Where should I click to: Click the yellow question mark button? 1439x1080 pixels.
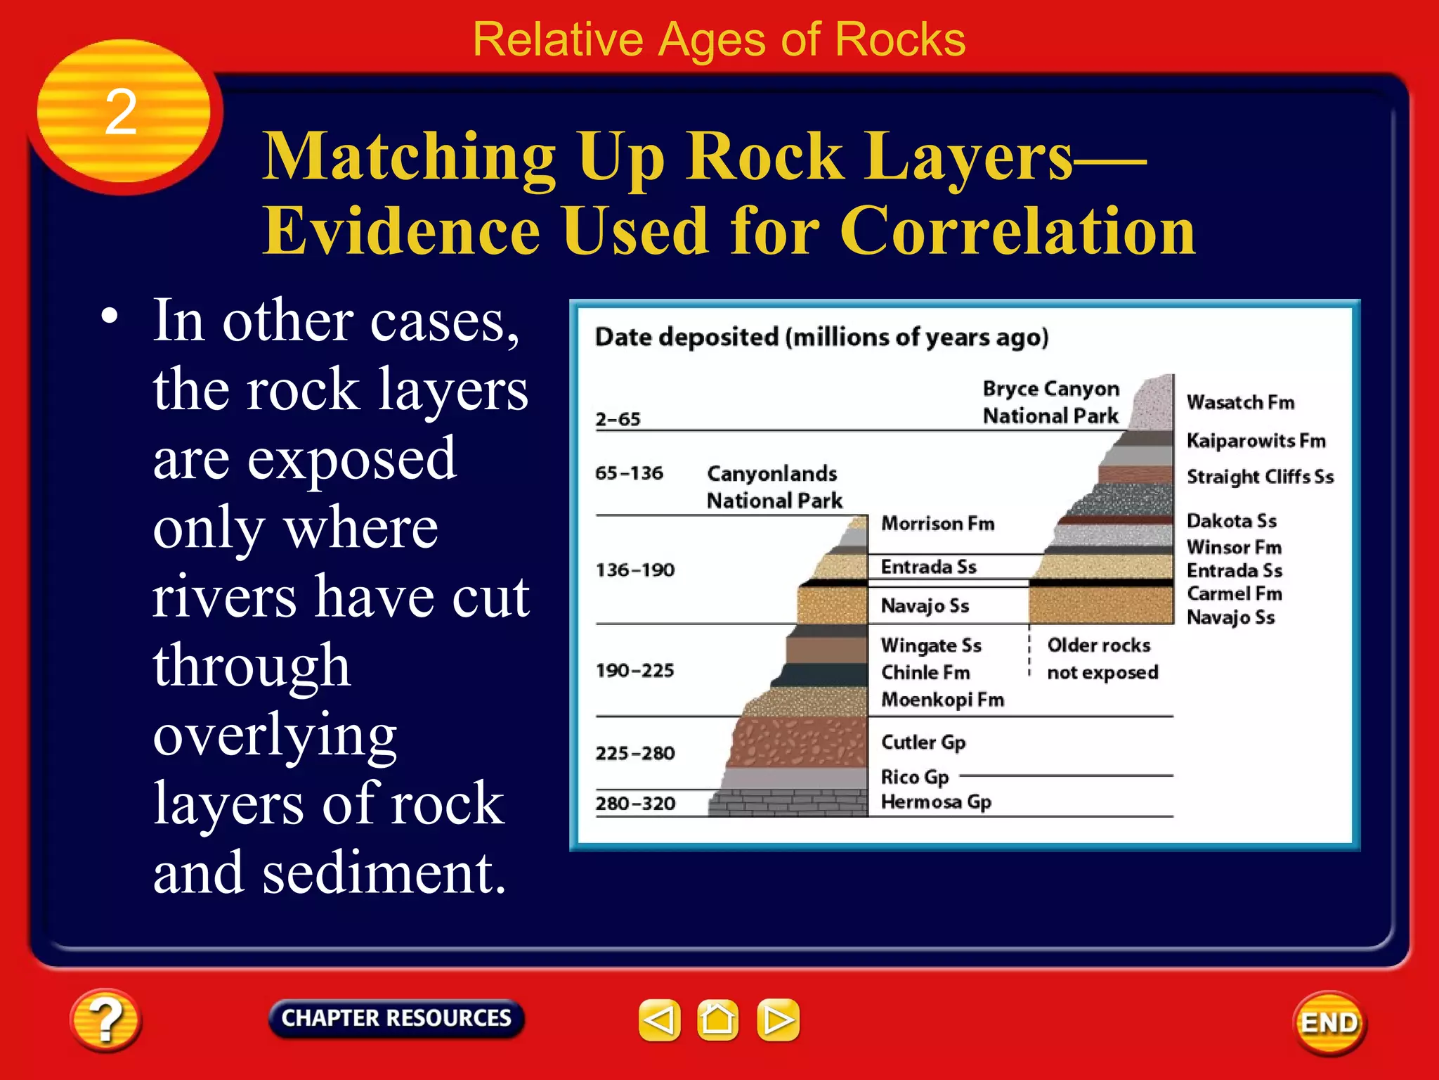coord(105,1020)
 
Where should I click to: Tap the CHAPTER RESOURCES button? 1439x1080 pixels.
coord(396,1018)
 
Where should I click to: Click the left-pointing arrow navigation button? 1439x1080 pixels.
coord(659,1020)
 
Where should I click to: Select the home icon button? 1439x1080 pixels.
coord(717,1020)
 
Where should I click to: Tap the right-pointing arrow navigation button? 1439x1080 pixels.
coord(778,1020)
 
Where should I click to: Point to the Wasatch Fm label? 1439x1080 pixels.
coord(1240,402)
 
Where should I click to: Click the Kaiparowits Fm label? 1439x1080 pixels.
coord(1256,441)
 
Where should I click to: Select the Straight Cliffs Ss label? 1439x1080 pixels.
coord(1260,477)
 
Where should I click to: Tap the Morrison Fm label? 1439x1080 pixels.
coord(937,524)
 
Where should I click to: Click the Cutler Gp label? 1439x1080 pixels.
coord(923,742)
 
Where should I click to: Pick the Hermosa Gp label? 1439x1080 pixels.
coord(936,802)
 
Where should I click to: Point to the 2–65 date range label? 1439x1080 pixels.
coord(618,420)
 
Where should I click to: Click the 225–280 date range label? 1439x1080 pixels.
coord(635,754)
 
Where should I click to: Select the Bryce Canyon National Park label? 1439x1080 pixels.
coord(1050,402)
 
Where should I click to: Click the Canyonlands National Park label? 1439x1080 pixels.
coord(773,487)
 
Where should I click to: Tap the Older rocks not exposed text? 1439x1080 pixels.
coord(1101,659)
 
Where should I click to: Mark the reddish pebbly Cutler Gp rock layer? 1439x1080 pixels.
coord(801,742)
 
